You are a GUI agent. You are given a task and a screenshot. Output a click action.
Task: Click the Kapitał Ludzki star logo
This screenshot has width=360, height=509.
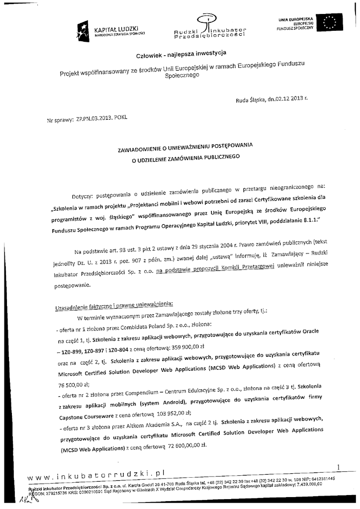tap(83, 31)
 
